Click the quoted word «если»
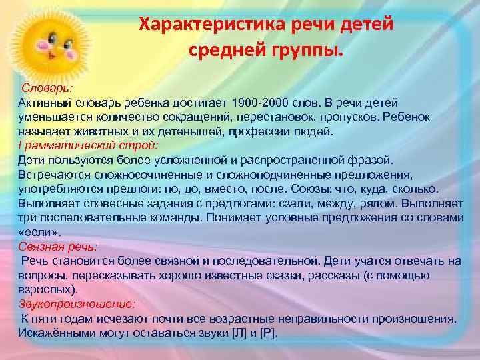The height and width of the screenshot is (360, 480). point(39,232)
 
